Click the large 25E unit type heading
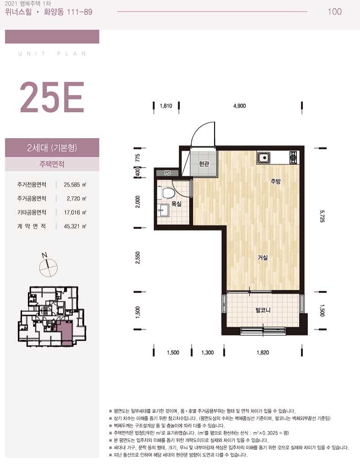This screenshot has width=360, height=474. [x=52, y=97]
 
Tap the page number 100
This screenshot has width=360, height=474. [x=334, y=12]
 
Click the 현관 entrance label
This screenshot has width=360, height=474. [x=204, y=164]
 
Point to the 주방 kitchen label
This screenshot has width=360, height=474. [x=275, y=181]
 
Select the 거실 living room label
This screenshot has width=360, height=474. [x=263, y=258]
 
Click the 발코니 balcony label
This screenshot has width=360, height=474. [x=263, y=310]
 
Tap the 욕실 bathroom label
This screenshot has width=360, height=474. [x=177, y=204]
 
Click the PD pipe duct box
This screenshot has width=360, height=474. [x=167, y=173]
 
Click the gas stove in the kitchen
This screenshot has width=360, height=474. [x=294, y=157]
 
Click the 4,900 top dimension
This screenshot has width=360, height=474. [x=240, y=106]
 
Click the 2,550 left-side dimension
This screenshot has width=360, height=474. [x=138, y=258]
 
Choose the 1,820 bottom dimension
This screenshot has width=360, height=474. [x=263, y=352]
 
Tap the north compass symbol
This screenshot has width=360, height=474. [x=48, y=266]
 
